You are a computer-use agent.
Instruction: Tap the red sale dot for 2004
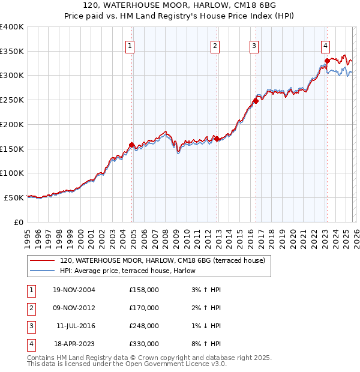(131, 144)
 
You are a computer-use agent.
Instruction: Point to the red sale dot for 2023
(327, 60)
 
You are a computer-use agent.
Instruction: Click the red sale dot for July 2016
(256, 101)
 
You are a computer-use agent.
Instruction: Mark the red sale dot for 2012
(217, 139)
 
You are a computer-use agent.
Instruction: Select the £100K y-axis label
(11, 173)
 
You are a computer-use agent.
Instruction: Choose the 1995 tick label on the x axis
(27, 233)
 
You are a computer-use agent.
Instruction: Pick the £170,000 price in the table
(144, 308)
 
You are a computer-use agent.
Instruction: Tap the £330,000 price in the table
(144, 344)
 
